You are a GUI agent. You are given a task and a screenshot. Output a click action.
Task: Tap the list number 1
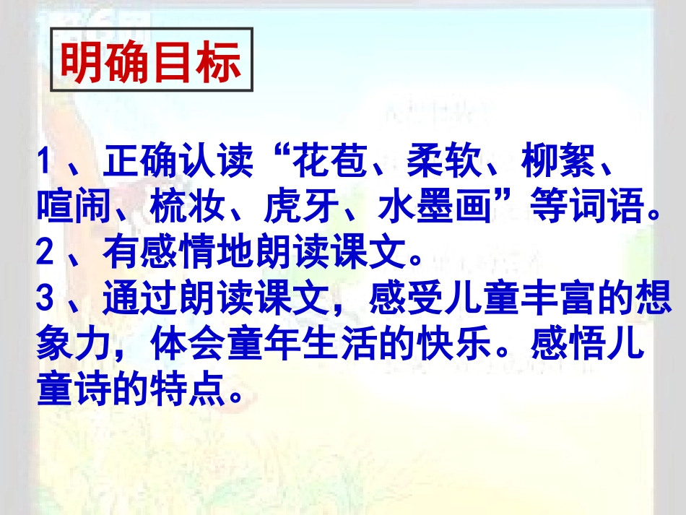[46, 164]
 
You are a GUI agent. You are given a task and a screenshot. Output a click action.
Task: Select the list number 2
[46, 252]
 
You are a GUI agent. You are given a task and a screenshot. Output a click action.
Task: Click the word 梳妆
[188, 208]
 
